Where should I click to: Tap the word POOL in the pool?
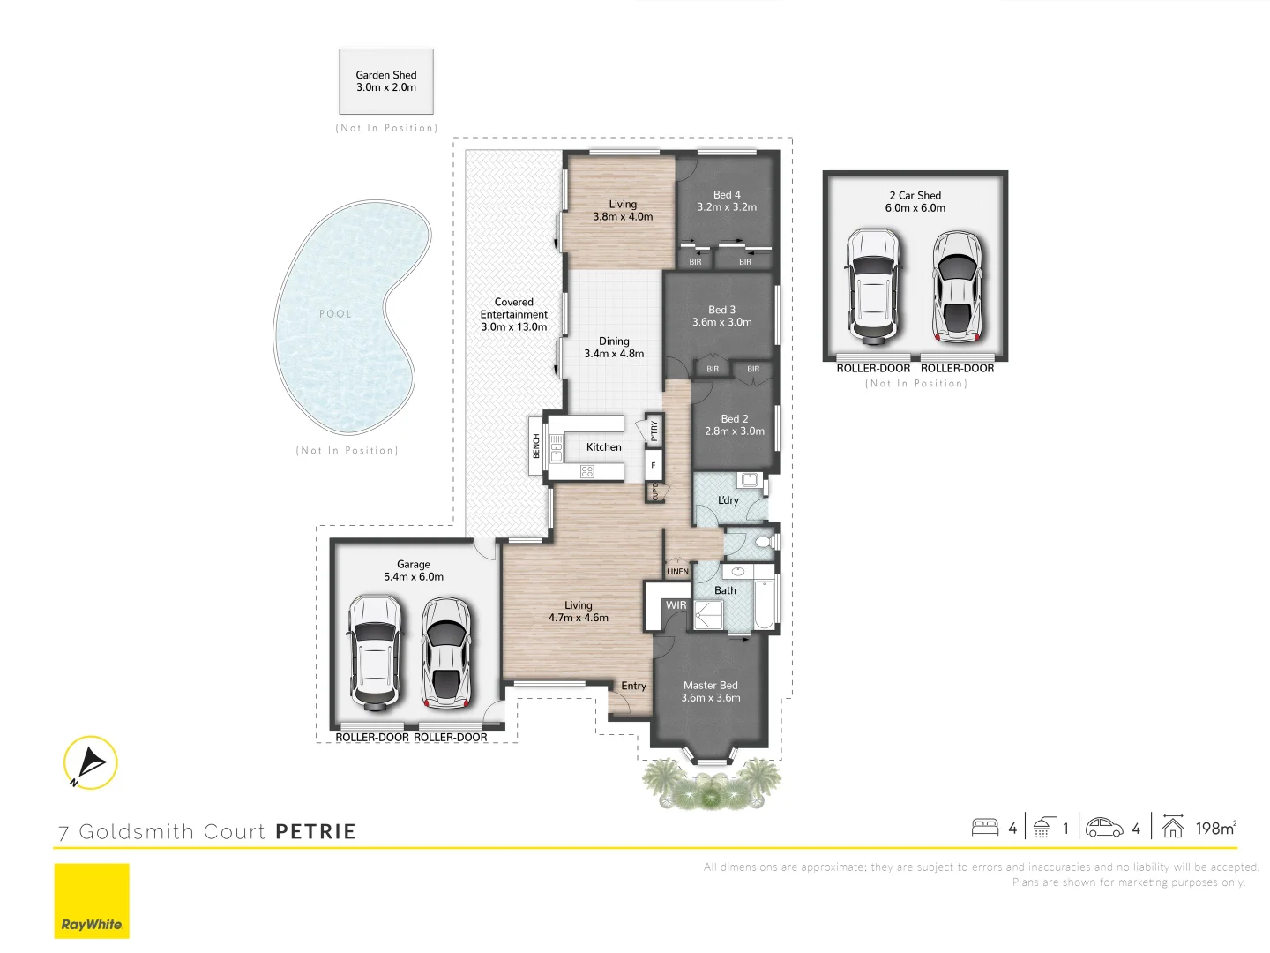(x=335, y=314)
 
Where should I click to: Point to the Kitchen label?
(x=604, y=447)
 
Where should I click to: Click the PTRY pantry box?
(x=654, y=431)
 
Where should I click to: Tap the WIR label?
(x=676, y=605)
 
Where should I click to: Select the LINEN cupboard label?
(x=677, y=572)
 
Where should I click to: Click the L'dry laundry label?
(x=728, y=500)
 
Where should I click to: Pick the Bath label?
(x=725, y=590)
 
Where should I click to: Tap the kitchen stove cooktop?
(x=587, y=472)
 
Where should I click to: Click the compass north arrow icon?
(x=90, y=762)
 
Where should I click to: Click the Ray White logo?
(x=92, y=901)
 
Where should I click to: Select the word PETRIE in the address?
(x=316, y=832)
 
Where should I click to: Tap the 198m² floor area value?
(x=1215, y=829)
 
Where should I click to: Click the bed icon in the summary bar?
(x=985, y=828)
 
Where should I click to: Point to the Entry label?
(x=633, y=686)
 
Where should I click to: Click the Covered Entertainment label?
(x=514, y=314)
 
